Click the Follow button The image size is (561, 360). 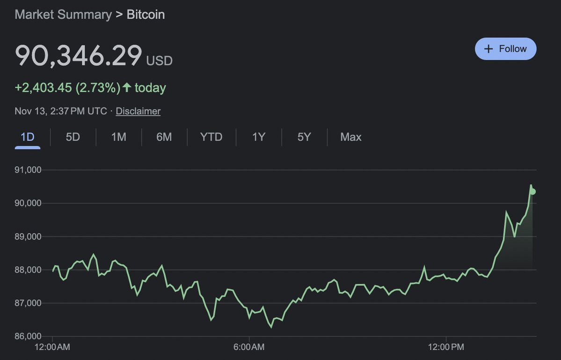click(x=505, y=49)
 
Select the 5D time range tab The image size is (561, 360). click(x=73, y=137)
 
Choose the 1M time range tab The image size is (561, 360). click(x=118, y=137)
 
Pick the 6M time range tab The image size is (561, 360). click(x=164, y=137)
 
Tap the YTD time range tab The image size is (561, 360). click(x=211, y=137)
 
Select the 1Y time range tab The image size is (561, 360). click(x=259, y=137)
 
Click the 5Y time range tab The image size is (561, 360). click(x=304, y=137)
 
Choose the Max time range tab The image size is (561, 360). click(x=351, y=137)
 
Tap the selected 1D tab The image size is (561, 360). click(x=28, y=137)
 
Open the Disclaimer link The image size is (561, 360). click(x=138, y=111)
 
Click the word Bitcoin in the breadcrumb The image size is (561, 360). click(x=146, y=14)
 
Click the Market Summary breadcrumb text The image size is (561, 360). click(x=63, y=14)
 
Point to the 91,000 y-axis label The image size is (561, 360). click(x=28, y=170)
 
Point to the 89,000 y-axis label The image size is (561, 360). click(x=28, y=237)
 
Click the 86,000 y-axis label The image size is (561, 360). click(x=28, y=336)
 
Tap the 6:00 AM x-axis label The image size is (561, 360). click(x=249, y=347)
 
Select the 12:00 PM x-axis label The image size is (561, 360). click(x=446, y=347)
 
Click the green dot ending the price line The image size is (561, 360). click(x=532, y=191)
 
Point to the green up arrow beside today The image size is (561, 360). click(x=126, y=87)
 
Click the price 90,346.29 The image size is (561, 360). click(x=79, y=56)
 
